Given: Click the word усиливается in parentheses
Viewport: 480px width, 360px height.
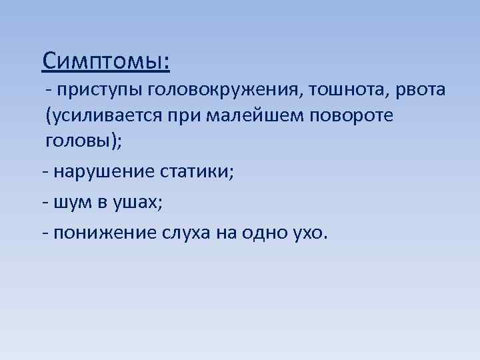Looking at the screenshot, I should click(x=123, y=116).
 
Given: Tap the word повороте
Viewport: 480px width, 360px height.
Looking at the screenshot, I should click(x=353, y=116).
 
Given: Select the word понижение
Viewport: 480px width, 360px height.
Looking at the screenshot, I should click(x=106, y=232).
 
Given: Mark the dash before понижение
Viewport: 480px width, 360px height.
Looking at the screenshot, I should click(x=44, y=233).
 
